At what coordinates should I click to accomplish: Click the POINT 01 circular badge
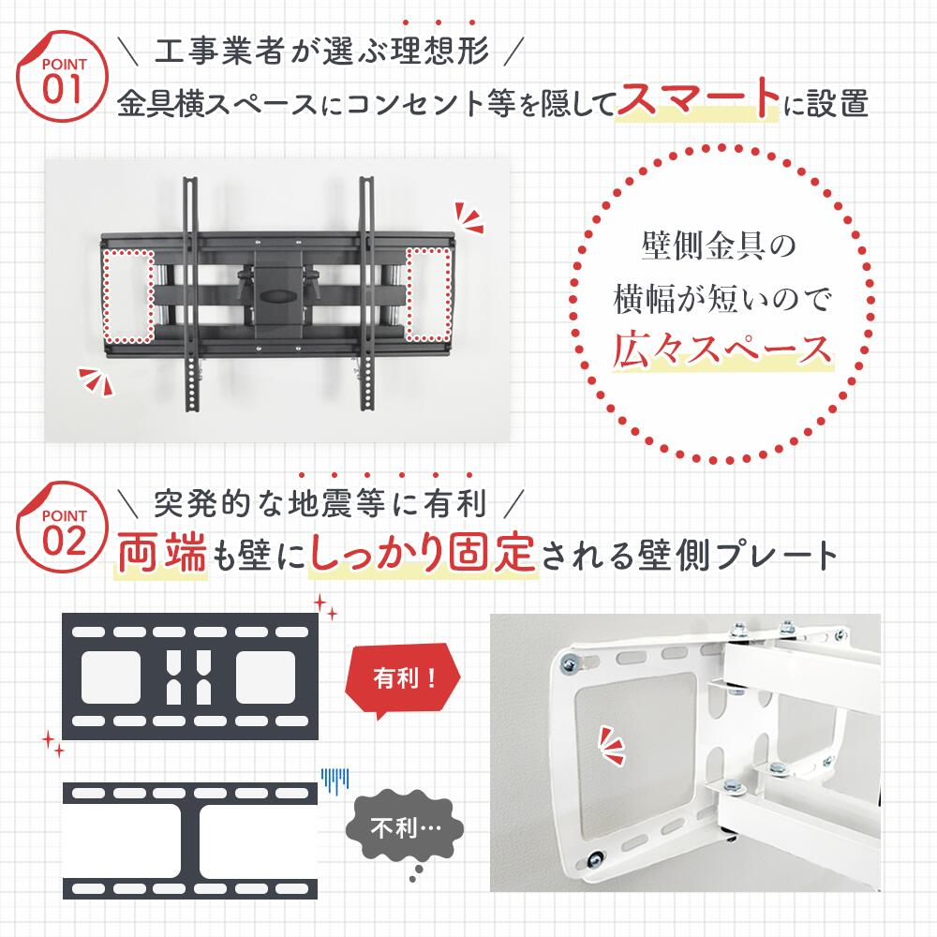[62, 77]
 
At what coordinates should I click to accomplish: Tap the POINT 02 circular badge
[62, 527]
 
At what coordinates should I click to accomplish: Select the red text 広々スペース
[721, 350]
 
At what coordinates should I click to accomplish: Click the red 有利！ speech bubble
[403, 678]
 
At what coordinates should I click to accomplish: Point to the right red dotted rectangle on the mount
[428, 294]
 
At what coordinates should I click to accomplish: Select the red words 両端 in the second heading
[162, 553]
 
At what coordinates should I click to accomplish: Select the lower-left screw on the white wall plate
[595, 860]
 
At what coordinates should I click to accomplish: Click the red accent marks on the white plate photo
[612, 745]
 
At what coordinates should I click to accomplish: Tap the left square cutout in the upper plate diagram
[112, 677]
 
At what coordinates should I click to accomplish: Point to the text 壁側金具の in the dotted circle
[719, 245]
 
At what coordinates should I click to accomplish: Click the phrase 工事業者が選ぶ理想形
[322, 51]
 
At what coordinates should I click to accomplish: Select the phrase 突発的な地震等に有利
[320, 502]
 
